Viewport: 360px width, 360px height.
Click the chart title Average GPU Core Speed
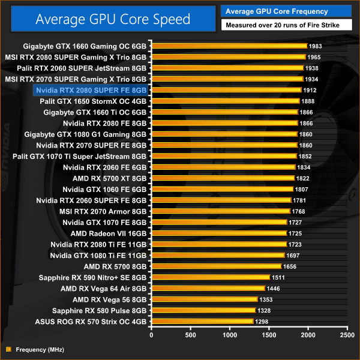(x=113, y=19)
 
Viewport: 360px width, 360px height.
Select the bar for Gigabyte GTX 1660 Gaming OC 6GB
(x=229, y=46)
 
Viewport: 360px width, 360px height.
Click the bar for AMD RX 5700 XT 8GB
(x=223, y=178)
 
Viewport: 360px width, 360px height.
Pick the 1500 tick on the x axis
(x=269, y=335)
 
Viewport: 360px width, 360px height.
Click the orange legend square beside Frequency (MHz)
(x=8, y=349)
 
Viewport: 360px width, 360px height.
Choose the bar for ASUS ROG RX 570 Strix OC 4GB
(x=203, y=322)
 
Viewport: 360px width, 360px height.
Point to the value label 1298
(x=263, y=322)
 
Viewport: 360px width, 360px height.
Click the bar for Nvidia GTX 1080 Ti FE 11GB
(x=218, y=256)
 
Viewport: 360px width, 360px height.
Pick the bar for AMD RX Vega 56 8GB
(x=205, y=299)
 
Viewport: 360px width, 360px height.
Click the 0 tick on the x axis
(x=152, y=335)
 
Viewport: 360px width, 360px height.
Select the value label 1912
(x=310, y=90)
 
